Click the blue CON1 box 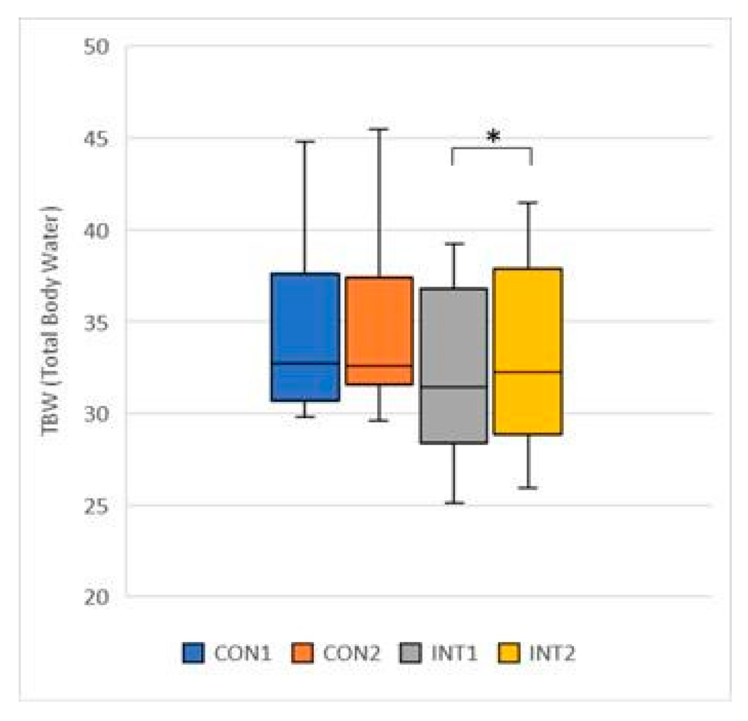pyautogui.click(x=305, y=336)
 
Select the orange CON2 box pyautogui.click(x=379, y=330)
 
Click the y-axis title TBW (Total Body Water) pyautogui.click(x=51, y=321)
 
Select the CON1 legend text pyautogui.click(x=243, y=653)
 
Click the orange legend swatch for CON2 pyautogui.click(x=302, y=653)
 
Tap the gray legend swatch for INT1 pyautogui.click(x=410, y=653)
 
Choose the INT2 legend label pyautogui.click(x=551, y=653)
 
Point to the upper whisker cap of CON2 pyautogui.click(x=379, y=129)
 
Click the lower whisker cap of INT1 pyautogui.click(x=453, y=503)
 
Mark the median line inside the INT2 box pyautogui.click(x=527, y=373)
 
